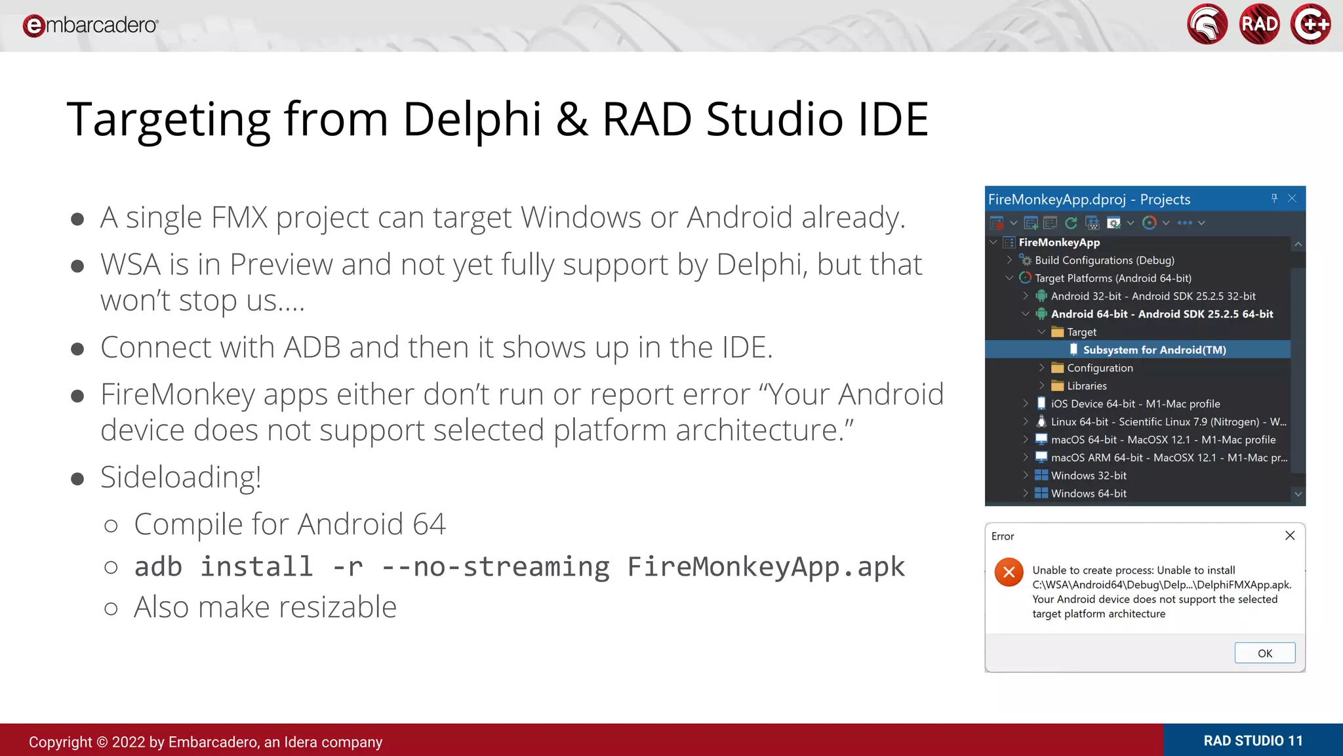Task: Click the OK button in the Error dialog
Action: click(1264, 653)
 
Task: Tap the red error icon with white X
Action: click(1009, 572)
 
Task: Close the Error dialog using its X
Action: click(1290, 535)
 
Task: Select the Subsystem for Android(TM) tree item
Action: click(1154, 350)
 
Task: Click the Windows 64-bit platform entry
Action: click(1089, 493)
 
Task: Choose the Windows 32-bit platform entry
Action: click(1089, 475)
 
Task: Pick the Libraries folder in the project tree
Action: click(1086, 386)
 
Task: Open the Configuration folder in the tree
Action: click(1099, 368)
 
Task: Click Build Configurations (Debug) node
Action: click(1104, 261)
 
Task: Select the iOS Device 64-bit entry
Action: click(1135, 404)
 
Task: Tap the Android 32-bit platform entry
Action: click(1153, 296)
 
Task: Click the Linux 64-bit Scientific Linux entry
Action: click(1168, 422)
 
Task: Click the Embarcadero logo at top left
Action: click(90, 25)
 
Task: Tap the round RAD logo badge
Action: click(1259, 24)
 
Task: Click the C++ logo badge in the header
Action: click(1310, 24)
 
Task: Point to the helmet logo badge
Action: click(1207, 24)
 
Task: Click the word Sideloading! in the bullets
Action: click(180, 477)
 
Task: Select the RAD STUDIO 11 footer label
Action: click(1253, 741)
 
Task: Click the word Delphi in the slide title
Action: click(472, 119)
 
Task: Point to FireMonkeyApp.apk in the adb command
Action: click(766, 566)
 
